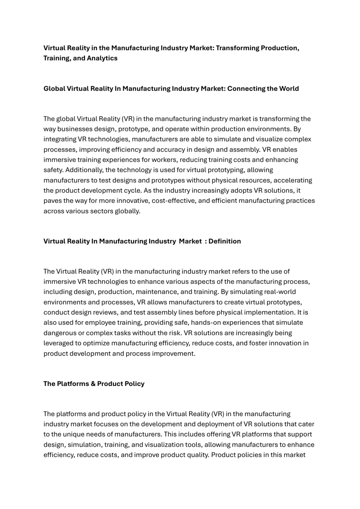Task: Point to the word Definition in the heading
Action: coord(225,241)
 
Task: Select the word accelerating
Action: coord(293,180)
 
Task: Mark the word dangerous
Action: coord(60,333)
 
